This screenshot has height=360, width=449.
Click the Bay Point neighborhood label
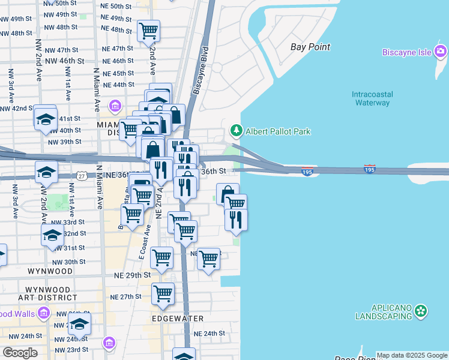tap(310, 47)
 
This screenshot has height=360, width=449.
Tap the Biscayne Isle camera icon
tap(441, 52)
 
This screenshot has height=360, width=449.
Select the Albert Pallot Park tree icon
tap(237, 131)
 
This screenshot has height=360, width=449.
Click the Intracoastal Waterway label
tap(371, 98)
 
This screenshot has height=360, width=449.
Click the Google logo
tap(20, 353)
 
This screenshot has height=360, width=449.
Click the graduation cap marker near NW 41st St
tap(45, 117)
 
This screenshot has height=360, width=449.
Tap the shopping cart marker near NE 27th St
tap(163, 293)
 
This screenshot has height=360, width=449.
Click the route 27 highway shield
tap(82, 175)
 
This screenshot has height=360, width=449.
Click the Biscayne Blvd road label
tap(200, 71)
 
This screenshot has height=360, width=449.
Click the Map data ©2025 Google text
tap(411, 355)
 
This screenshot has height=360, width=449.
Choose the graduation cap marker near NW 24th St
tap(79, 325)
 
